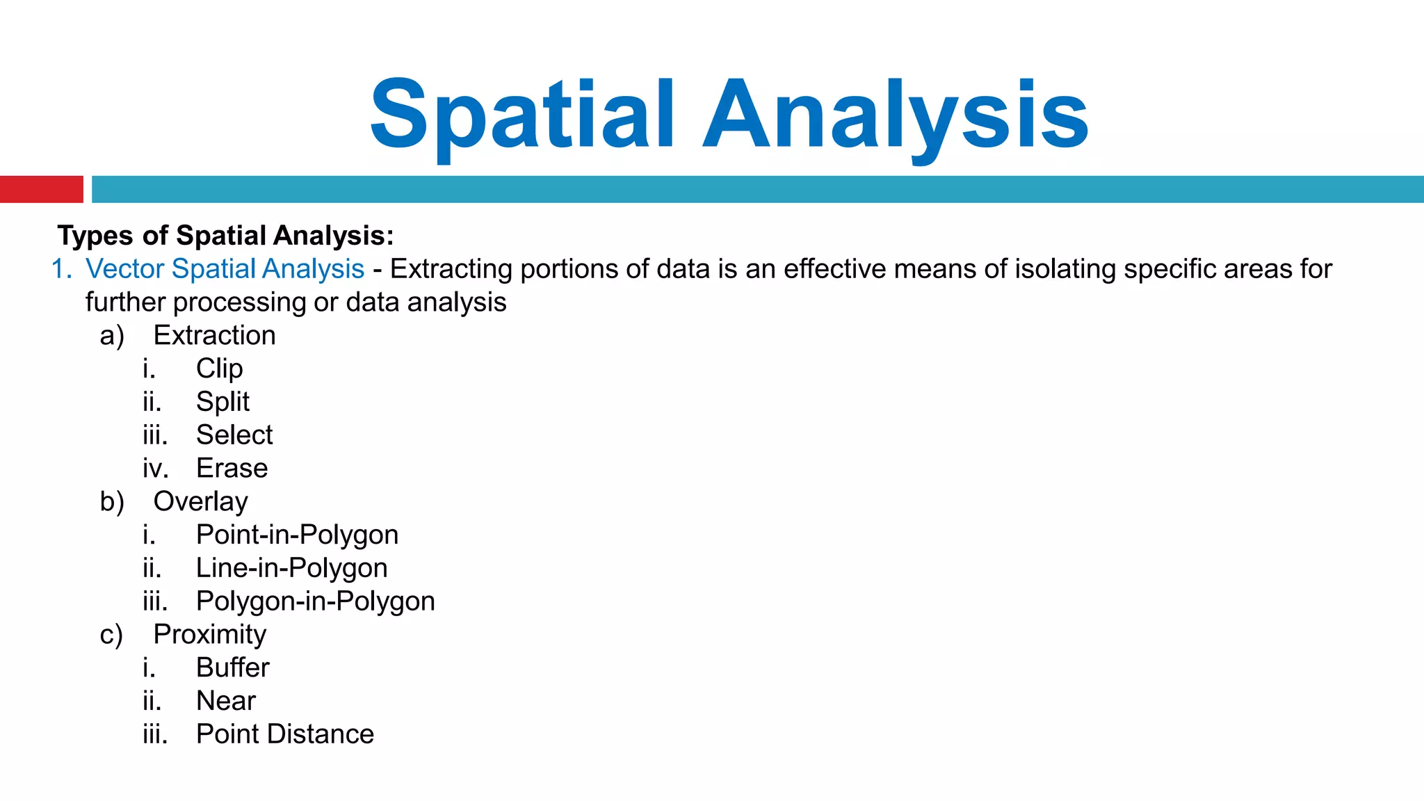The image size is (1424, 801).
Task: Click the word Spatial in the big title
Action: (x=521, y=115)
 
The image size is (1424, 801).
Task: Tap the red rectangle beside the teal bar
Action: (x=41, y=189)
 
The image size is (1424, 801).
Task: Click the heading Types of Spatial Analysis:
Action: (x=226, y=236)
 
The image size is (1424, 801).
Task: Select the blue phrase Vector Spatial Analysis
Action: (x=225, y=269)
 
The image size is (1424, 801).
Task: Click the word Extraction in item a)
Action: (x=214, y=336)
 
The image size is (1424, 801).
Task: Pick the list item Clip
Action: (x=219, y=369)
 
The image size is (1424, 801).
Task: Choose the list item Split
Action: (x=222, y=402)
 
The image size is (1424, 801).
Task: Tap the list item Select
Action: (x=234, y=435)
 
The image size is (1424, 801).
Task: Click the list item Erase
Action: (x=232, y=469)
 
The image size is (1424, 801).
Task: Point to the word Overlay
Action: (x=200, y=502)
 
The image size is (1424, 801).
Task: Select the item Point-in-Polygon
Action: (x=297, y=535)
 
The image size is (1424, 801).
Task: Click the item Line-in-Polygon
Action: (x=291, y=568)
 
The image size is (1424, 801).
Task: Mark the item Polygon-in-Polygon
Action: (x=315, y=601)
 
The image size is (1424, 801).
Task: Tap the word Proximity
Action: (x=209, y=635)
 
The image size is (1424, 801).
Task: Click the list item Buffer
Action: (x=232, y=667)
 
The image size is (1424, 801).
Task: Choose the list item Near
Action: (x=226, y=701)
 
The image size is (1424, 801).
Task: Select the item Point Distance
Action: (x=285, y=734)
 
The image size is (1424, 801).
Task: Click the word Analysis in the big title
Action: (x=896, y=115)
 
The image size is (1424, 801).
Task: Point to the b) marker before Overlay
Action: (x=112, y=502)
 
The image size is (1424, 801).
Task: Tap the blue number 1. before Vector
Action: (x=62, y=269)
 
